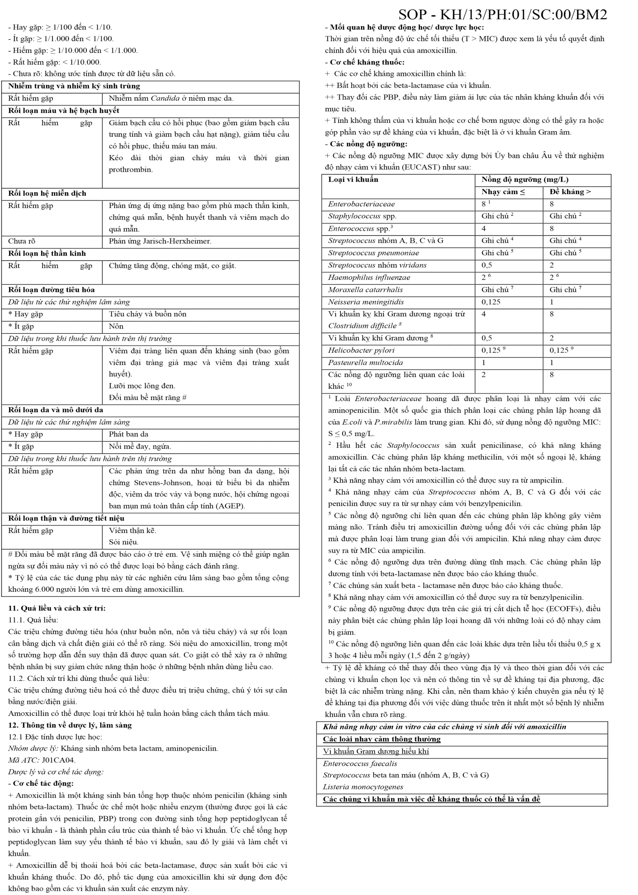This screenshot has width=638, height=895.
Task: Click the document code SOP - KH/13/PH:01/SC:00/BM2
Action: (502, 15)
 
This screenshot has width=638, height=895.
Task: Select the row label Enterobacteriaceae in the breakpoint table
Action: (361, 204)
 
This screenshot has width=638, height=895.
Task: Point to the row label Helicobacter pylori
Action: (361, 350)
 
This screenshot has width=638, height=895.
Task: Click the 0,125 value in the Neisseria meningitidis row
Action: (492, 302)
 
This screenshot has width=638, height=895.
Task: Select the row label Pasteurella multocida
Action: (365, 362)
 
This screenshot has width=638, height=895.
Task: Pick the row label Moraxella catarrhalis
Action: (365, 289)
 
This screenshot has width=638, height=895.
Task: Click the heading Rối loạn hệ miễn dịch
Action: (47, 193)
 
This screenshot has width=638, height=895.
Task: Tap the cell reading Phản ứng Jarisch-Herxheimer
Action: (160, 241)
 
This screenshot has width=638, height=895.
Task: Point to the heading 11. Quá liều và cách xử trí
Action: (57, 608)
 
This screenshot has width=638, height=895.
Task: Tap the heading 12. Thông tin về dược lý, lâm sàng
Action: (70, 725)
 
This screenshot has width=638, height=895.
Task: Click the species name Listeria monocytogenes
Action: (363, 787)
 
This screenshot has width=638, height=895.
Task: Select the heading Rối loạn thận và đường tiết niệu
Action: (66, 518)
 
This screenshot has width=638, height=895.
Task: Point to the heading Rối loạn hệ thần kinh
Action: (47, 253)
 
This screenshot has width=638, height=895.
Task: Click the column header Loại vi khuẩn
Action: (353, 180)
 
